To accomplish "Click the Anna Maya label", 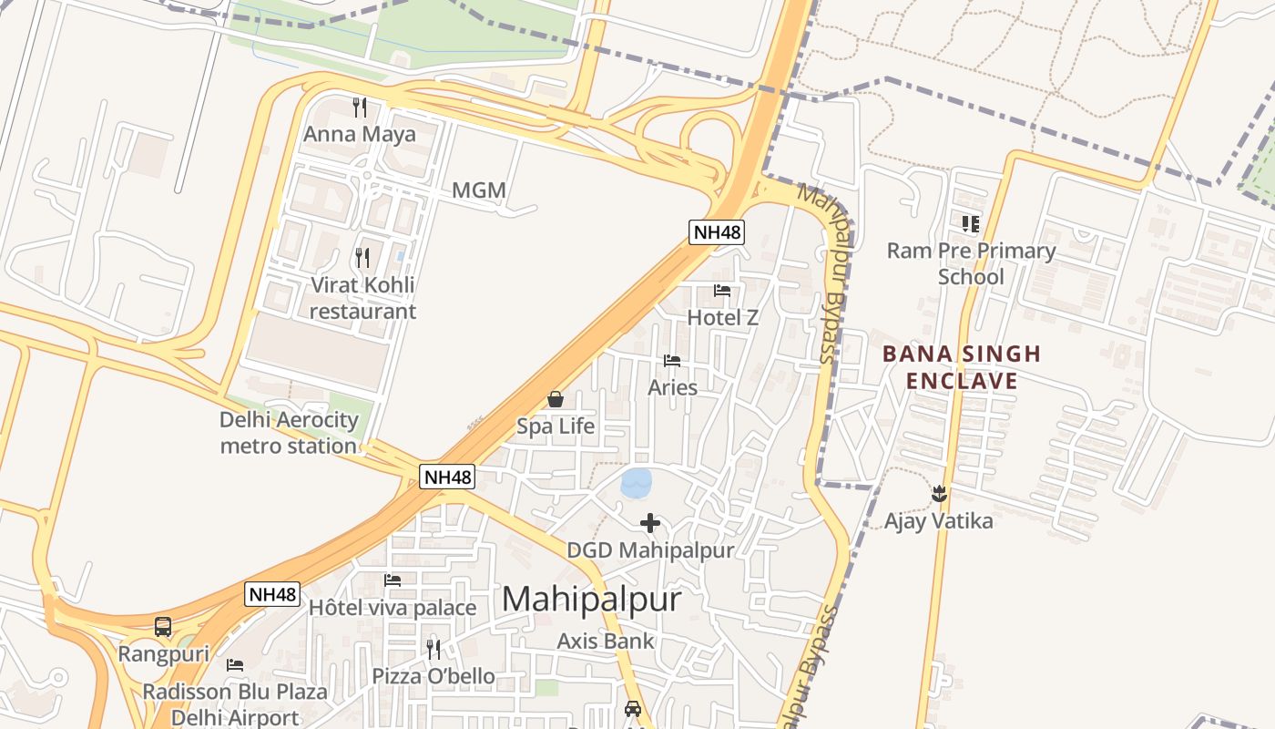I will [x=359, y=135].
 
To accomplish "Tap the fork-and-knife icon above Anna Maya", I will [x=360, y=108].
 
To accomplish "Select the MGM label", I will [x=478, y=190].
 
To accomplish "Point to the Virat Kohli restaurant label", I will [x=362, y=298].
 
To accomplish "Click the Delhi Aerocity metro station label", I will [x=289, y=433].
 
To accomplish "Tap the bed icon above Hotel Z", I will [x=722, y=292].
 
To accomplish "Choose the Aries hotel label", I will [x=672, y=387].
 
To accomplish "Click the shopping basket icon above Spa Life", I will [x=555, y=399].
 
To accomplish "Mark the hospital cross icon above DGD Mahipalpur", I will [x=649, y=523].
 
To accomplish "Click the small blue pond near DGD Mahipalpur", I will [x=637, y=482].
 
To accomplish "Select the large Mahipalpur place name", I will [x=591, y=599].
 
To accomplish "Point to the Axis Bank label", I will [x=606, y=641].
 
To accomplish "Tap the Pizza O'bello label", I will [x=433, y=676].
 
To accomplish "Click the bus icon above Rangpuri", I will [x=163, y=627].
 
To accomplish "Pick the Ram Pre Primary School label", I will [x=971, y=263].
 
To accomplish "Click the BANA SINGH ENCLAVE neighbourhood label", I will [x=962, y=367].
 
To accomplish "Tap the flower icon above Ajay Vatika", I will [x=939, y=494].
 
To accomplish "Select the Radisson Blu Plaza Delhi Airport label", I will [x=234, y=704].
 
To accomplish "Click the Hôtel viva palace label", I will [x=393, y=608].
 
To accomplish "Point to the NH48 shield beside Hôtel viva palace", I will [x=272, y=594].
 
